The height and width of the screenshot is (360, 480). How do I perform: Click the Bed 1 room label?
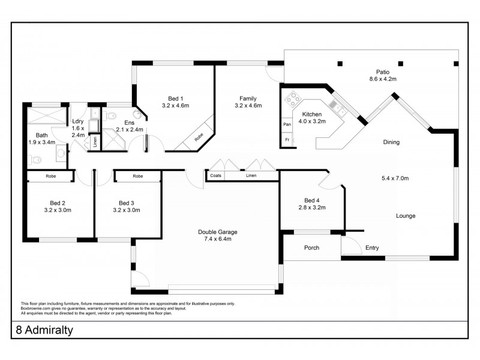pyautogui.click(x=175, y=98)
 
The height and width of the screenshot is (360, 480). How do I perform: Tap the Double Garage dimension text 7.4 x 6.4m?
pyautogui.click(x=218, y=239)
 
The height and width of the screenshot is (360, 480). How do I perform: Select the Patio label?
pyautogui.click(x=383, y=72)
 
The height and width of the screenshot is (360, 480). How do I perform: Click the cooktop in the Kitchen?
pyautogui.click(x=293, y=98)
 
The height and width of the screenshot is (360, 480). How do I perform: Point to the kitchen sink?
pyautogui.click(x=337, y=109)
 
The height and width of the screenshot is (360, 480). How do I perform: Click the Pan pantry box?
pyautogui.click(x=287, y=124)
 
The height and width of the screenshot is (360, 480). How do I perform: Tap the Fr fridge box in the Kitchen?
pyautogui.click(x=287, y=140)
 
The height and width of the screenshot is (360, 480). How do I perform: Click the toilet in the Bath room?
pyautogui.click(x=35, y=160)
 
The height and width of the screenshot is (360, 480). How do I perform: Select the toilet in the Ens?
pyautogui.click(x=110, y=116)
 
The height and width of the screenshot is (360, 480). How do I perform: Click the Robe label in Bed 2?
pyautogui.click(x=51, y=176)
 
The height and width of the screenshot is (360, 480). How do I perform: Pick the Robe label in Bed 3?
pyautogui.click(x=138, y=176)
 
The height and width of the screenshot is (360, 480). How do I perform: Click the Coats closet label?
pyautogui.click(x=216, y=175)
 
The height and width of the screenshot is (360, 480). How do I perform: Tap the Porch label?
pyautogui.click(x=311, y=248)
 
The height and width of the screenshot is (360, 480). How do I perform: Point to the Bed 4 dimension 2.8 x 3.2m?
pyautogui.click(x=312, y=207)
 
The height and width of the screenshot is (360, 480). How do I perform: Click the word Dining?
pyautogui.click(x=391, y=142)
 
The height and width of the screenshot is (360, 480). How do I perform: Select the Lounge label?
pyautogui.click(x=406, y=215)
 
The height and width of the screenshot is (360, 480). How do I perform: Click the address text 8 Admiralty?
pyautogui.click(x=44, y=330)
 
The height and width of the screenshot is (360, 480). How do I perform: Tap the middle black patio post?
pyautogui.click(x=400, y=64)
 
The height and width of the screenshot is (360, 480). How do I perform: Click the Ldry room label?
pyautogui.click(x=78, y=121)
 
